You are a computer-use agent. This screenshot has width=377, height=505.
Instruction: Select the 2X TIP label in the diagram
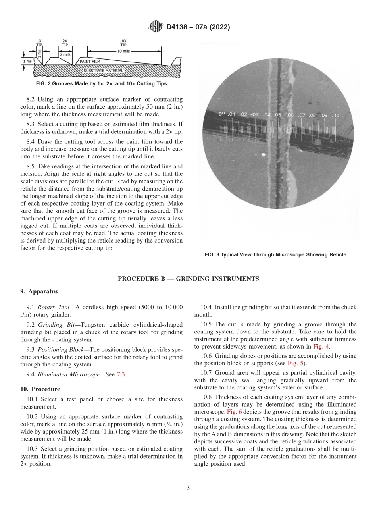coord(65,43)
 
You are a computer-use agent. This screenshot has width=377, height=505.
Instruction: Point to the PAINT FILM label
coord(90,62)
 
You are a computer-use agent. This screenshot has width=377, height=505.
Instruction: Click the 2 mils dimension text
coord(66,54)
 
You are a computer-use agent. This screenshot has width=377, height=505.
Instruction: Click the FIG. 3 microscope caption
coord(275,254)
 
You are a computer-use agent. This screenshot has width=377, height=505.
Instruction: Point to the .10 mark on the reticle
coord(336,116)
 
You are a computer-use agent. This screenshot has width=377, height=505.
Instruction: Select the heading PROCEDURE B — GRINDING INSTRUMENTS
coord(188,279)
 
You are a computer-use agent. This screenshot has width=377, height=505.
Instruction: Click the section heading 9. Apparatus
coord(39,291)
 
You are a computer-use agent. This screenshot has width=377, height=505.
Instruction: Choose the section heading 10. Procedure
coord(40,389)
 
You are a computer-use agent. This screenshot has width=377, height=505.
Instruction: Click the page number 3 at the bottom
coord(188,488)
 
